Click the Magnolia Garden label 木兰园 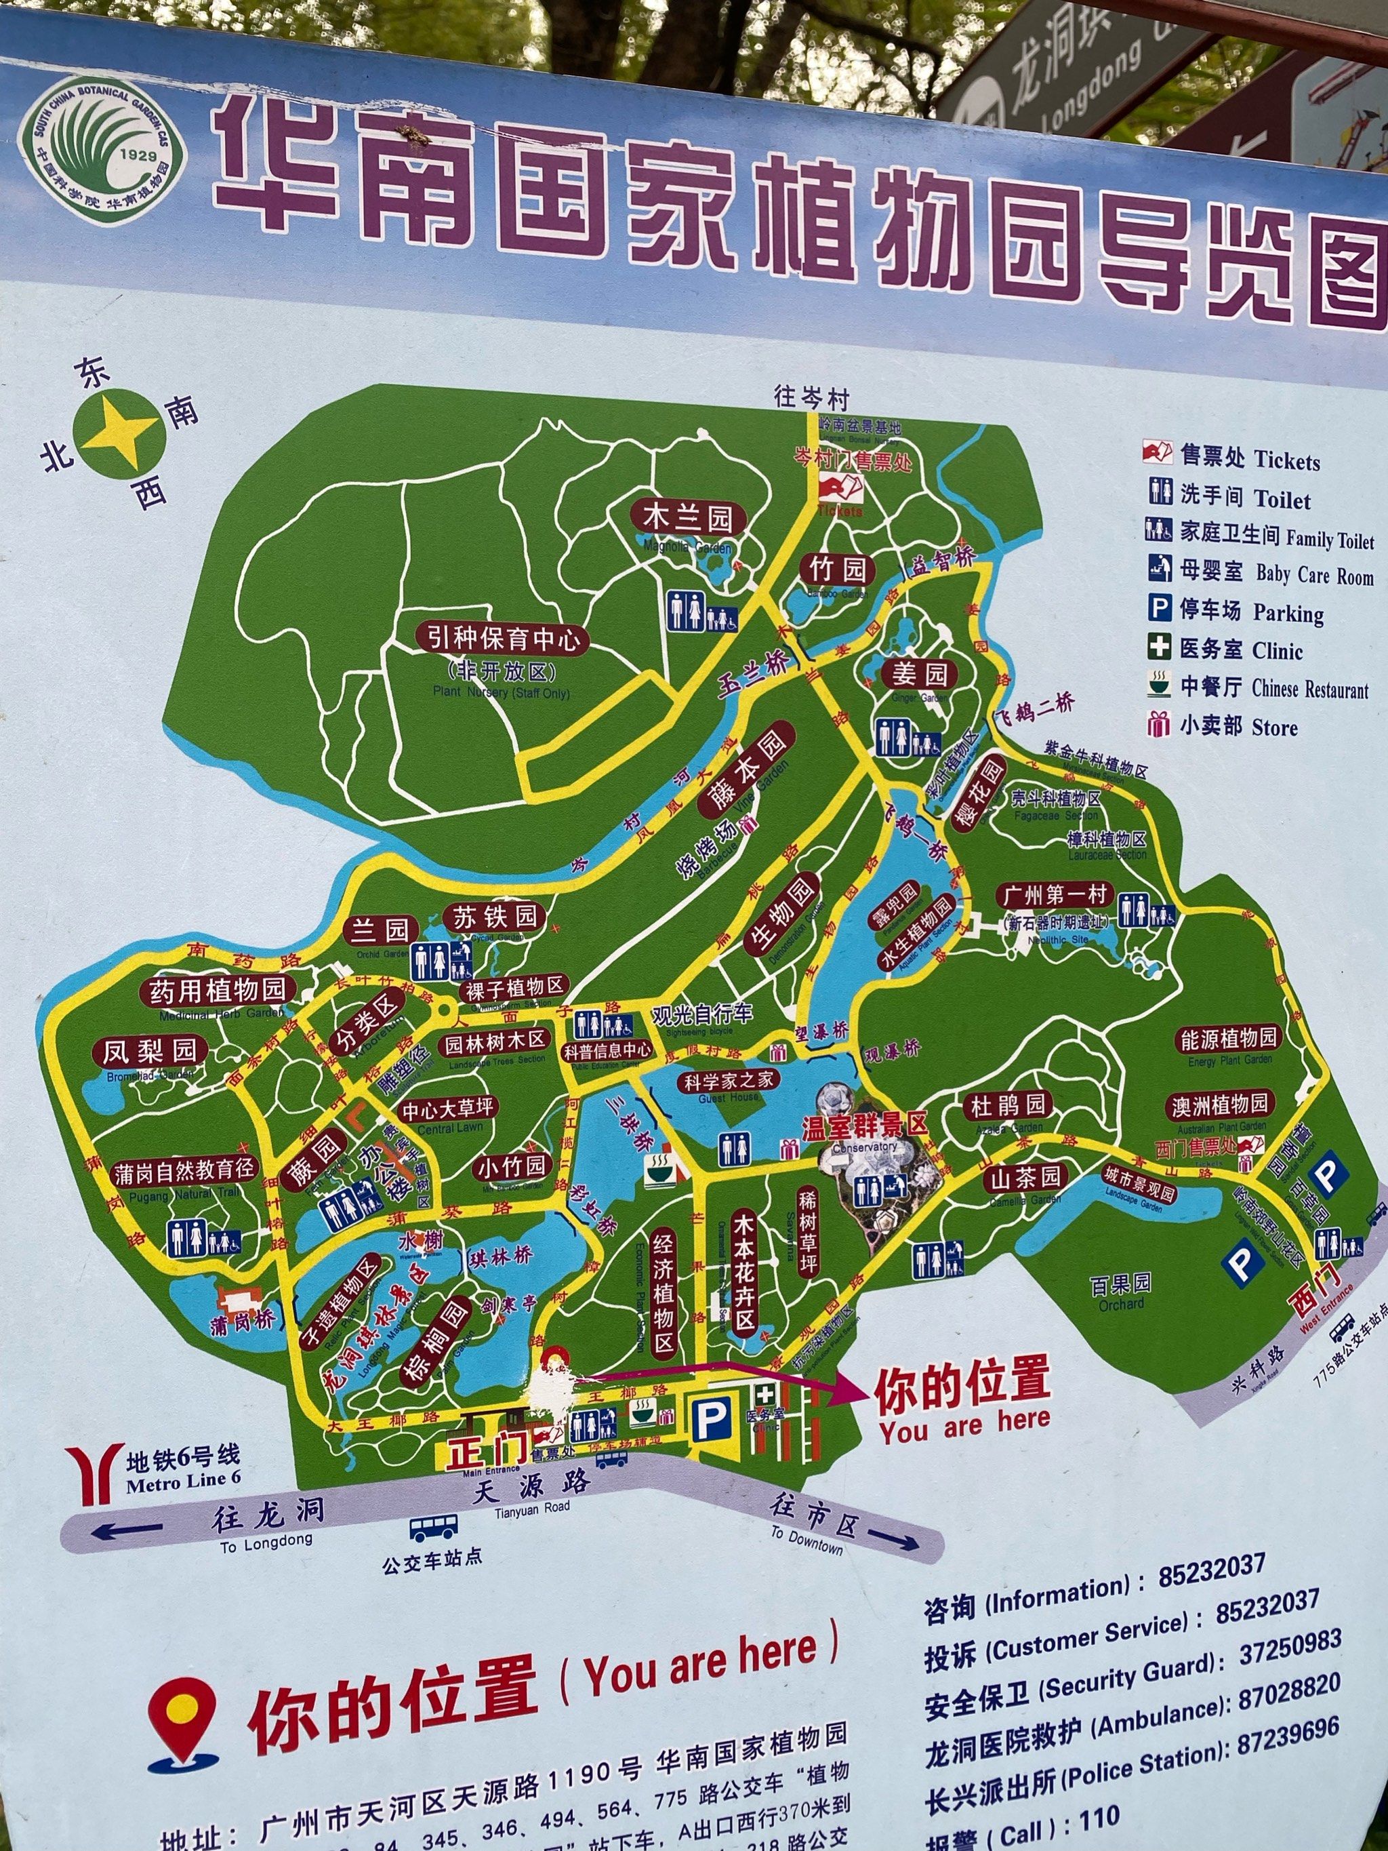coord(687,519)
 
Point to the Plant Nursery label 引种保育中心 coord(503,641)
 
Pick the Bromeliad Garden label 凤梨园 coord(150,1051)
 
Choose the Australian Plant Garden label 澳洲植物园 coord(1220,1104)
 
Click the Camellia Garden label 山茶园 coord(1025,1177)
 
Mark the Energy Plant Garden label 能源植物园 coord(1229,1039)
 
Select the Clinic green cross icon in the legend coord(1159,648)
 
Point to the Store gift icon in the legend coord(1159,724)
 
